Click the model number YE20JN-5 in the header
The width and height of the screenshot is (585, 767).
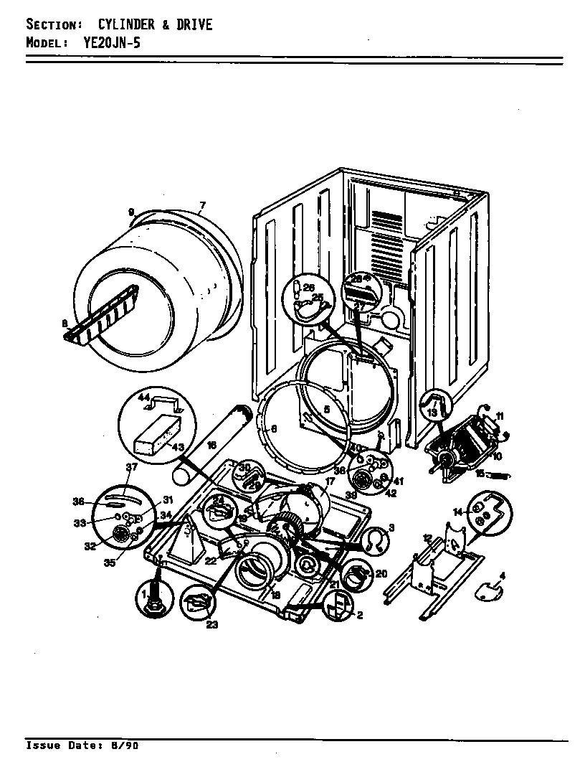click(105, 42)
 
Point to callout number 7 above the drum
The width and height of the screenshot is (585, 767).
click(202, 205)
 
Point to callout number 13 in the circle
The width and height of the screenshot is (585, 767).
click(432, 413)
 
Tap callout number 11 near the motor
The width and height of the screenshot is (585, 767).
click(500, 415)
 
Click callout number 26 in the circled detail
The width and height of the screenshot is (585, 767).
click(309, 288)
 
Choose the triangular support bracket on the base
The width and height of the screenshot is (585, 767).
click(182, 534)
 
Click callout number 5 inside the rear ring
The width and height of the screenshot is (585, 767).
click(326, 409)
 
